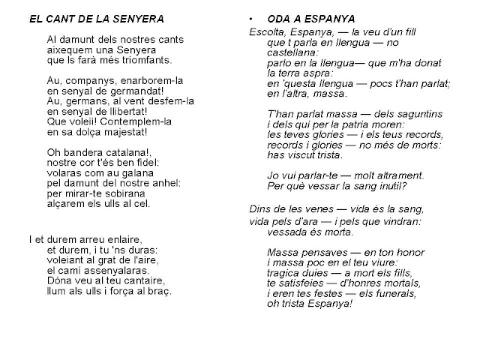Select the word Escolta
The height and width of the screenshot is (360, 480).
265,34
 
